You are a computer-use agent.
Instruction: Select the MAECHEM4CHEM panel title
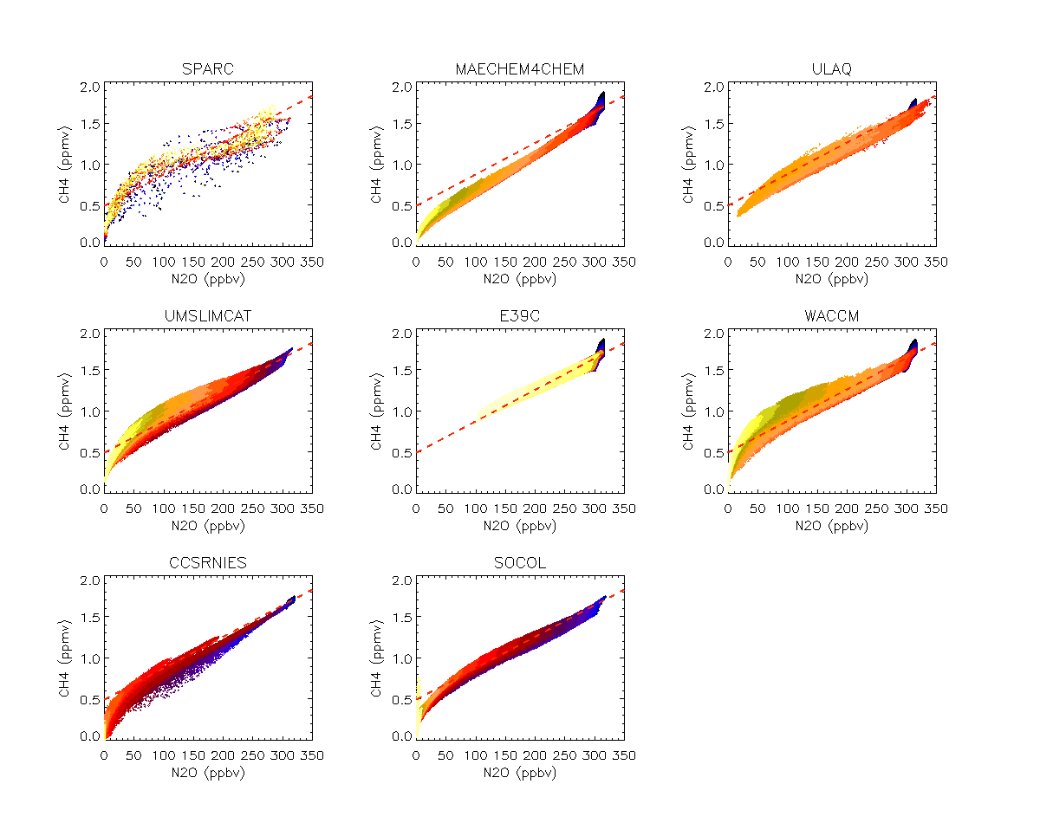click(519, 69)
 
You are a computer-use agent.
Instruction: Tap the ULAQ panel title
click(831, 69)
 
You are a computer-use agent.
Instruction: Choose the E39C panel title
click(519, 316)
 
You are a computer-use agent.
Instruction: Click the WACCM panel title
click(831, 316)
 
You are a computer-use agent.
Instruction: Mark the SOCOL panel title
click(519, 563)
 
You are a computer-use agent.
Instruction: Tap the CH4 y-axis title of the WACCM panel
click(691, 411)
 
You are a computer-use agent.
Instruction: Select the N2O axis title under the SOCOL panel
click(519, 773)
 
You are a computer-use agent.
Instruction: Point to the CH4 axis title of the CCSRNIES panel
click(67, 658)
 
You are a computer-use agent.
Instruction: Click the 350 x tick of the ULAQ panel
click(936, 261)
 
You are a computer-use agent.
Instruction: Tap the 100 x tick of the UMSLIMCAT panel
click(163, 508)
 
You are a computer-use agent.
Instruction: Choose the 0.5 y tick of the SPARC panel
click(89, 204)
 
